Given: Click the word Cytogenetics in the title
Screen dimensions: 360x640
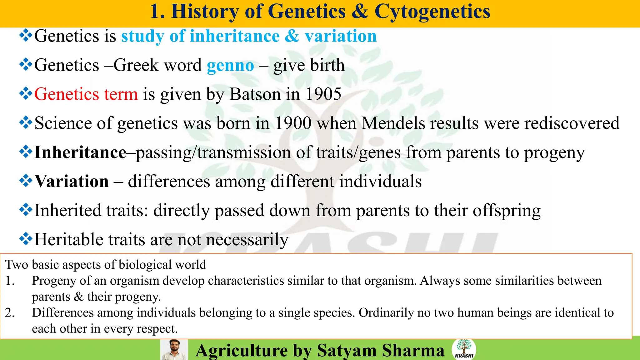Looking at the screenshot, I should click(432, 12).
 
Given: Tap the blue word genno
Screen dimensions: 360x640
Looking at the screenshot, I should click(230, 66).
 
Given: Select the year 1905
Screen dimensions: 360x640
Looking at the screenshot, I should click(323, 94).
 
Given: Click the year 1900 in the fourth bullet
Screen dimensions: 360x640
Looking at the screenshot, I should click(293, 123).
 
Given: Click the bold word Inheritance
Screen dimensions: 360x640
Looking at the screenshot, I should click(80, 152).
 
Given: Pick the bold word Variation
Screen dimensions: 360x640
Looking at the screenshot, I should click(72, 181).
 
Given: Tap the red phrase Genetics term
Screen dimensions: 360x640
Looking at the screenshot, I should click(86, 94).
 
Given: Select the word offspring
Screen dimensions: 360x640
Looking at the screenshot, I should click(506, 211).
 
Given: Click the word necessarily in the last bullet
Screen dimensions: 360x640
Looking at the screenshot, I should click(247, 240).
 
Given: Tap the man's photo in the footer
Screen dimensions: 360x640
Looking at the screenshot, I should click(174, 350).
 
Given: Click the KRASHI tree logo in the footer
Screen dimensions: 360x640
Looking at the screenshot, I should click(464, 349).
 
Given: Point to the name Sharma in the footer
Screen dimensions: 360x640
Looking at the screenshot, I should click(413, 350).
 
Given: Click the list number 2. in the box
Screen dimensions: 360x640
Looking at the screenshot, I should click(10, 312).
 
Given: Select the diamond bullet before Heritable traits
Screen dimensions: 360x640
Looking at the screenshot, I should click(26, 239).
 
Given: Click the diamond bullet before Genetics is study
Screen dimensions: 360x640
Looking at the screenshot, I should click(26, 36).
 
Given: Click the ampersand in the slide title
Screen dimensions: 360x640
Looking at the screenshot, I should click(360, 12).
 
